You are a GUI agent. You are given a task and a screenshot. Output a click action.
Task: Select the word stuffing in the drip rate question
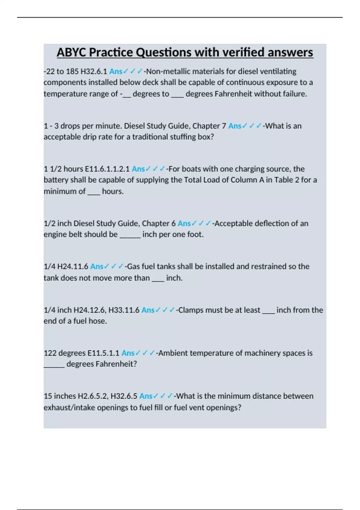pyautogui.click(x=179, y=137)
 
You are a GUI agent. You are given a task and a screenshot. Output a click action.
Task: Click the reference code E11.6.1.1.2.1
pyautogui.click(x=107, y=169)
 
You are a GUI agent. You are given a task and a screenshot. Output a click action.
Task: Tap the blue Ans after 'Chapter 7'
pyautogui.click(x=235, y=126)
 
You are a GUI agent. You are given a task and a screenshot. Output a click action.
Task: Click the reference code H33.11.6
pyautogui.click(x=124, y=310)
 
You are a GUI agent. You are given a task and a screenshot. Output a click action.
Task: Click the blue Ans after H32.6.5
pyautogui.click(x=146, y=396)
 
